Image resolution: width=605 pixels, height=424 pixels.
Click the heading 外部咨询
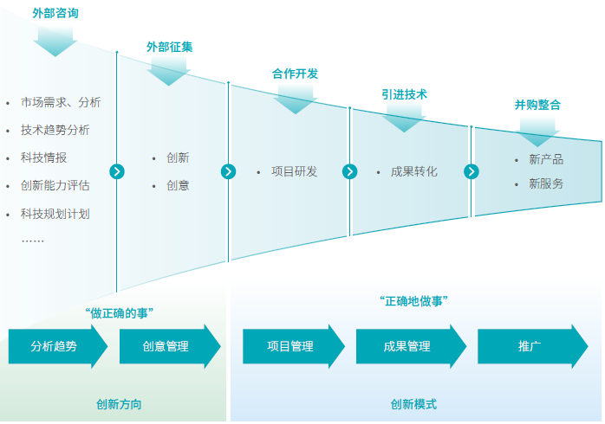tap(55, 13)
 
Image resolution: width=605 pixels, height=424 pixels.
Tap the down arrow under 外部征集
tap(168, 70)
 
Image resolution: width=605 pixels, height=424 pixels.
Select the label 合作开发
tap(295, 74)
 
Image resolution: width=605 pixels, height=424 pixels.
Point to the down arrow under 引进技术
tap(404, 118)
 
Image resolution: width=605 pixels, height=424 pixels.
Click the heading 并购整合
tap(537, 105)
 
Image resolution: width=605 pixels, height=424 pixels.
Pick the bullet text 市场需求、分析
tap(61, 102)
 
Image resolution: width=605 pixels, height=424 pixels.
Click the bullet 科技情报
tap(43, 157)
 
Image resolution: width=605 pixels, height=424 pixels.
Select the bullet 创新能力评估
tap(55, 185)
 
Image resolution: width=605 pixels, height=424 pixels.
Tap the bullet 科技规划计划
tap(55, 213)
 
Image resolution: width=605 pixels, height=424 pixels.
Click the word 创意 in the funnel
tap(178, 185)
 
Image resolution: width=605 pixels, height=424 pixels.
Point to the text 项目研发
tap(294, 171)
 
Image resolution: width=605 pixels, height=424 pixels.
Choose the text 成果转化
tap(414, 171)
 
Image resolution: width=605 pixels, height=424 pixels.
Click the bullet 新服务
tap(545, 183)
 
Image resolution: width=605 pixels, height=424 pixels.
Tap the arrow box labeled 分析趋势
tap(56, 346)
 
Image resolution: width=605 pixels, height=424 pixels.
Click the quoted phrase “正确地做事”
tap(414, 301)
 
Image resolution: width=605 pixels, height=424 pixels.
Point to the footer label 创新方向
tap(120, 404)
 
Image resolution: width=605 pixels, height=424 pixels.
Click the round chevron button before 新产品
tap(472, 171)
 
